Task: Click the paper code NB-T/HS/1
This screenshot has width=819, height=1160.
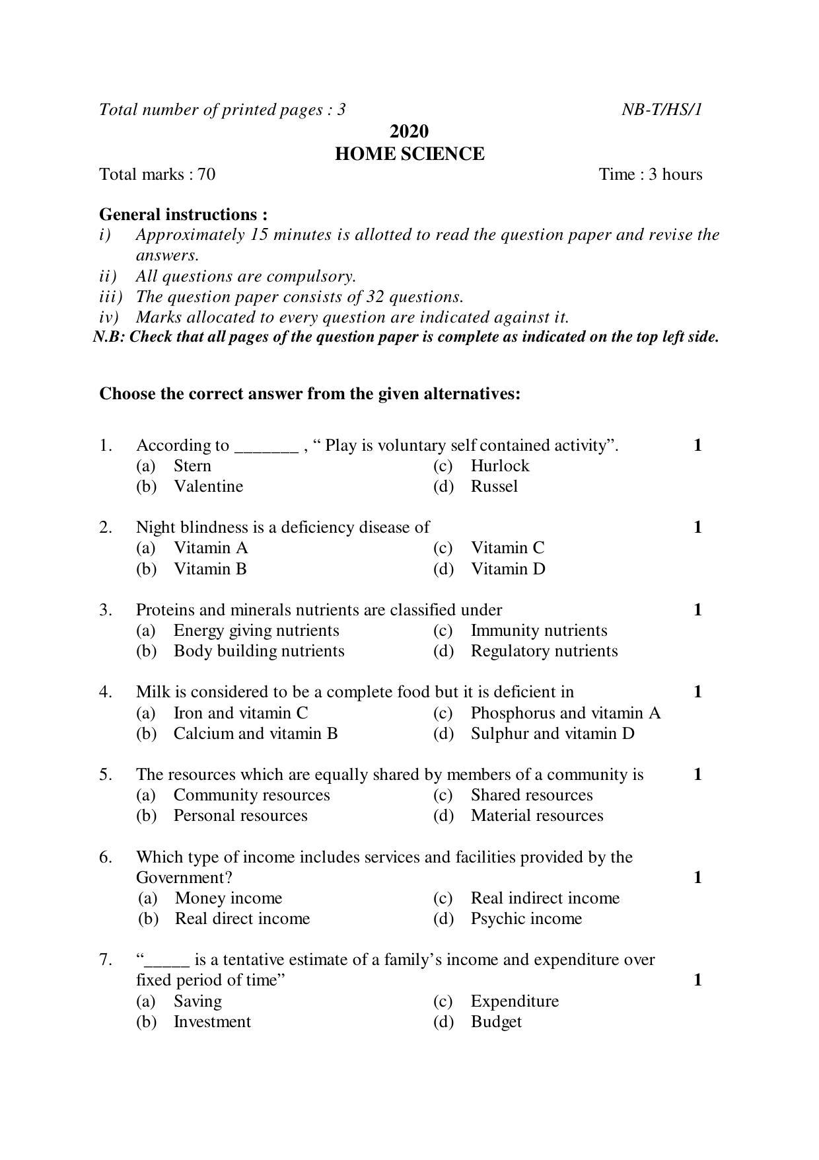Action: pos(661,110)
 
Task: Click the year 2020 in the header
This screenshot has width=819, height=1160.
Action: pos(409,131)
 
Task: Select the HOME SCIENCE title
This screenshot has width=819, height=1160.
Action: pos(409,154)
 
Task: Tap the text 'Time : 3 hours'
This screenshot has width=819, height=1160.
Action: pos(650,174)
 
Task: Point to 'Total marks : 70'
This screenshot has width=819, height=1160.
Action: pos(157,174)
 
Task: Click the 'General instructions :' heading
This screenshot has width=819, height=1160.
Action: pos(184,214)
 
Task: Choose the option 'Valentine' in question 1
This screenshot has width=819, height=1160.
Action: pos(208,486)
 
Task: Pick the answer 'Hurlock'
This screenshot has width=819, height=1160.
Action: pos(499,466)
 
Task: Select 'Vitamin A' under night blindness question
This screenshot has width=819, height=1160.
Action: pos(211,548)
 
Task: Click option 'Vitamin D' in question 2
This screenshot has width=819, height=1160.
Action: pos(508,569)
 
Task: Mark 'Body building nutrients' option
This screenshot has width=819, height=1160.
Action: pos(259,651)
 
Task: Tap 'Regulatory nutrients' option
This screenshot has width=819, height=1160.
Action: pos(544,651)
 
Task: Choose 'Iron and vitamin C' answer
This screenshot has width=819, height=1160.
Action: pos(240,713)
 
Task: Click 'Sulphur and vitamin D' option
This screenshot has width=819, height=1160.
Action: pos(552,734)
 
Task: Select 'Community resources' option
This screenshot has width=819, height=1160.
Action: pos(252,795)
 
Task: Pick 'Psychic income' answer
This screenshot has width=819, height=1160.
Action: pos(526,919)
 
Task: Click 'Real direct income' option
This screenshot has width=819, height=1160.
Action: pos(242,919)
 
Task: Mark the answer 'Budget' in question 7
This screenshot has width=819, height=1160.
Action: pos(496,1022)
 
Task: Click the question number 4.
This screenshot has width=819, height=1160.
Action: pos(106,692)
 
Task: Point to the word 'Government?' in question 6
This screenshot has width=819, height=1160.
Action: pos(184,878)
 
